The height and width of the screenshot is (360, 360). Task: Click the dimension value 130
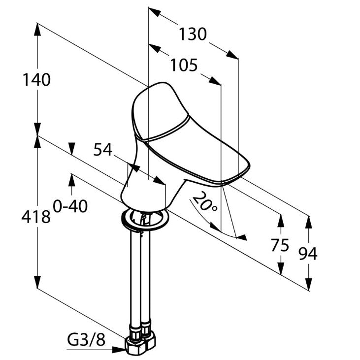click(193, 34)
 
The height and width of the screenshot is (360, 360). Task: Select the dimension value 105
click(184, 65)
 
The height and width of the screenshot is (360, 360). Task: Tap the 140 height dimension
click(36, 79)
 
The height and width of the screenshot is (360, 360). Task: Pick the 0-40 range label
click(70, 206)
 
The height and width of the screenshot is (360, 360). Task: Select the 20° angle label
click(205, 202)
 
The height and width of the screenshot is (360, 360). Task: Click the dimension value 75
click(280, 245)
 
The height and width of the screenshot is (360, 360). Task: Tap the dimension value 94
click(308, 253)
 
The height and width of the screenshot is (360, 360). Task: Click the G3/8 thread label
click(86, 340)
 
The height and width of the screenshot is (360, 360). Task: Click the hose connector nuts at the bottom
click(140, 341)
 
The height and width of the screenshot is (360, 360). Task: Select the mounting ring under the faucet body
click(145, 218)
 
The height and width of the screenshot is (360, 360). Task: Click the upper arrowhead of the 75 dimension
click(280, 220)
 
